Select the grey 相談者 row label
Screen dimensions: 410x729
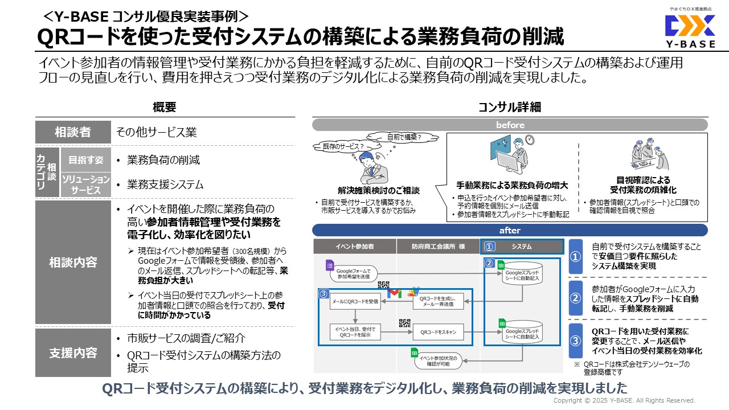click(x=72, y=132)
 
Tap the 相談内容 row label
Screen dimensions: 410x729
click(x=72, y=262)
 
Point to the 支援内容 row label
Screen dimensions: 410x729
click(x=72, y=352)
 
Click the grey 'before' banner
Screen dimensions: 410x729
click(x=510, y=125)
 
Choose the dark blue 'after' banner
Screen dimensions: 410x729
click(x=510, y=230)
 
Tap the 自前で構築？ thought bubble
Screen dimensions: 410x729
click(x=404, y=137)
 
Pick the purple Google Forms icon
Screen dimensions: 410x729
click(x=329, y=265)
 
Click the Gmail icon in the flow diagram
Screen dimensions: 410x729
click(x=394, y=293)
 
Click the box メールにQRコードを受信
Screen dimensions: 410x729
click(x=354, y=301)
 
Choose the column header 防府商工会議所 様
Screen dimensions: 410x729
click(x=438, y=246)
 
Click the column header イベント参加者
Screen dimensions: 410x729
click(x=355, y=246)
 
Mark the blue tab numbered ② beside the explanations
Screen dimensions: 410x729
click(x=576, y=297)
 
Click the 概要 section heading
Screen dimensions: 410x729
click(x=165, y=106)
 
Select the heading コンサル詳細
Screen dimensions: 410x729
click(x=509, y=106)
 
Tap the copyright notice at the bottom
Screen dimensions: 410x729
click(x=624, y=400)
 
